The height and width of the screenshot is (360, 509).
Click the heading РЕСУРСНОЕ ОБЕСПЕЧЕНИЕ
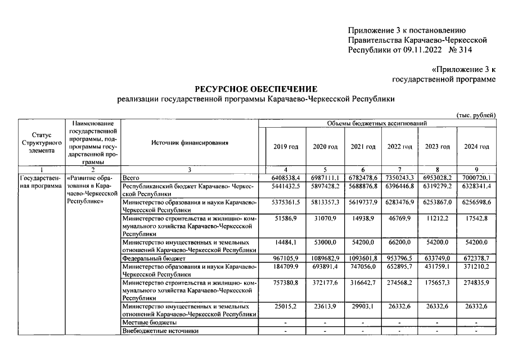(x=256, y=89)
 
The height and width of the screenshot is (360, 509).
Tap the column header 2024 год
(x=476, y=146)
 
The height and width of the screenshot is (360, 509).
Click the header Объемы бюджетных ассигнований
(x=377, y=123)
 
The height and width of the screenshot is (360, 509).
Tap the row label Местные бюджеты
(x=149, y=323)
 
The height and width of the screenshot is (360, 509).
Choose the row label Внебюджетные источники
(x=160, y=331)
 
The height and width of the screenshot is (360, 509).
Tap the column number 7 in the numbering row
(x=399, y=169)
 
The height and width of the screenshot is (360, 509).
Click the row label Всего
(x=130, y=177)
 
